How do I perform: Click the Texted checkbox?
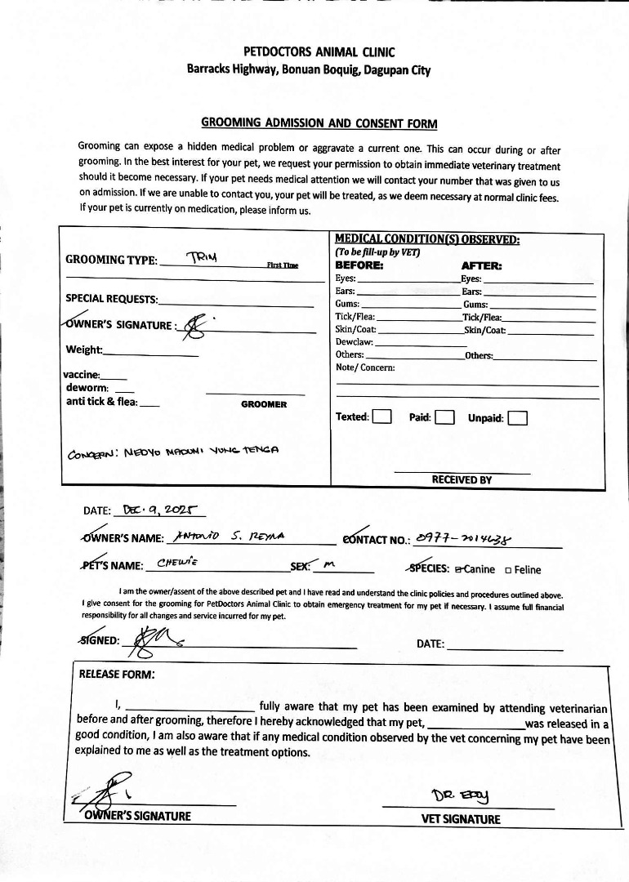pyautogui.click(x=381, y=417)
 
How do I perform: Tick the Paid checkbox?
pyautogui.click(x=444, y=417)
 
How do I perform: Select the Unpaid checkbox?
pyautogui.click(x=517, y=418)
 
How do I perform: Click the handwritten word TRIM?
pyautogui.click(x=203, y=257)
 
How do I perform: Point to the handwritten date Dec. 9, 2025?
pyautogui.click(x=160, y=510)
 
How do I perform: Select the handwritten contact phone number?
pyautogui.click(x=466, y=537)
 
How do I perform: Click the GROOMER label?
pyautogui.click(x=264, y=404)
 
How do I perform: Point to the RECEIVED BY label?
pyautogui.click(x=462, y=479)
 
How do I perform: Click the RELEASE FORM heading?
pyautogui.click(x=116, y=675)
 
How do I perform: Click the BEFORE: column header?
pyautogui.click(x=359, y=265)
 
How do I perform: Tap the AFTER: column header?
pyautogui.click(x=482, y=265)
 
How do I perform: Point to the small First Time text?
pyautogui.click(x=283, y=265)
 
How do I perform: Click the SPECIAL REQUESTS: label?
pyautogui.click(x=112, y=299)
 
